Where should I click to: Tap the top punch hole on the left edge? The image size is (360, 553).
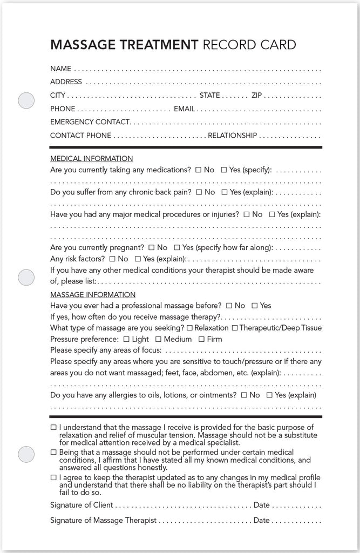(x=26, y=100)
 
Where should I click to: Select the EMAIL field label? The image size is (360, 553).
(x=184, y=109)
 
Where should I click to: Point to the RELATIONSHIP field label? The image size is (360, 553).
(x=233, y=136)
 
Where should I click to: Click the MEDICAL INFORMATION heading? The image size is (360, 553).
(x=91, y=159)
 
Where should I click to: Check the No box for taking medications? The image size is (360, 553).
(x=198, y=170)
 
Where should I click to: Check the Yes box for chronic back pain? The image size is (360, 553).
(x=224, y=192)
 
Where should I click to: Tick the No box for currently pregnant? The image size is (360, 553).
(x=151, y=248)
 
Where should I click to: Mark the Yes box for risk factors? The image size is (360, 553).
(x=138, y=259)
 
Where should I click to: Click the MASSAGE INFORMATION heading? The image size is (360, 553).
(x=93, y=295)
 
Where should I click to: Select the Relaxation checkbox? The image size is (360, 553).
(x=189, y=328)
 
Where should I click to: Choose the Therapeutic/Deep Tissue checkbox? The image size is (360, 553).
(x=234, y=328)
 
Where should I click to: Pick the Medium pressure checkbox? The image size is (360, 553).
(x=159, y=339)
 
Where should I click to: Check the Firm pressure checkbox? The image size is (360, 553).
(x=201, y=339)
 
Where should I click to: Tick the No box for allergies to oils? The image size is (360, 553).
(x=244, y=395)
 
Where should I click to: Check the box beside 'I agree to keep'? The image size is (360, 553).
(x=53, y=478)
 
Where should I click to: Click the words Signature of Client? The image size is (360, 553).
(x=81, y=505)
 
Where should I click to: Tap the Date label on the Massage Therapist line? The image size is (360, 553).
(x=261, y=521)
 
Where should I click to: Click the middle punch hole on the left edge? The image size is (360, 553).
(x=26, y=277)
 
